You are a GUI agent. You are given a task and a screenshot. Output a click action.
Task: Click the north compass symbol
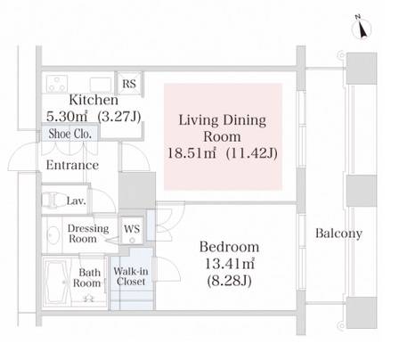pos(362,29)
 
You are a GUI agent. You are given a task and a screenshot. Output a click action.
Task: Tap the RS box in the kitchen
pos(129,84)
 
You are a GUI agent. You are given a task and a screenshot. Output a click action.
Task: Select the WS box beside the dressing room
pos(132,230)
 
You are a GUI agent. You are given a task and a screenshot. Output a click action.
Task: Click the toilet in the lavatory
pos(51,200)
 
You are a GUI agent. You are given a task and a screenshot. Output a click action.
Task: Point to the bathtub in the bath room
pos(57,282)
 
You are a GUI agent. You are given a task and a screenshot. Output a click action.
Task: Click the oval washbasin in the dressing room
pos(53,235)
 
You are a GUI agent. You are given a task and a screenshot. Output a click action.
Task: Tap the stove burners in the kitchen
pos(57,84)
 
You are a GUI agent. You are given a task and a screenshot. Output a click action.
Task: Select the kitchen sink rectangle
pos(101,85)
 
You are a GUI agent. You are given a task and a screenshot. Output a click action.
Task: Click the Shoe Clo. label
pos(69,134)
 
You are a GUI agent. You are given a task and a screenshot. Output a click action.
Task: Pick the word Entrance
pos(72,165)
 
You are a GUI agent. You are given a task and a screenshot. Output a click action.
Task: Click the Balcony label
pos(338,233)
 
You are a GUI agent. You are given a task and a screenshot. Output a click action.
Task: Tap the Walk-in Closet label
pos(131,276)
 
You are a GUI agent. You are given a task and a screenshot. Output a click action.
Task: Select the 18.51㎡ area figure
pos(191,153)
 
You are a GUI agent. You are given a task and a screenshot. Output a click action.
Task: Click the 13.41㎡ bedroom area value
pos(230,264)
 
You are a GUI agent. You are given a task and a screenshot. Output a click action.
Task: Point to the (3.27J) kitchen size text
pos(119,117)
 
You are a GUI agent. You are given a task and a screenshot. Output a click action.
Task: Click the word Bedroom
pos(229,247)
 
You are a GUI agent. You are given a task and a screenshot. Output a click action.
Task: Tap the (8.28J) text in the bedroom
pos(229,281)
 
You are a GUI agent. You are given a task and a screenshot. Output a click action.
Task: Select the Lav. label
pos(77,201)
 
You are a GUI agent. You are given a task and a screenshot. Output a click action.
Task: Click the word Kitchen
pos(94,100)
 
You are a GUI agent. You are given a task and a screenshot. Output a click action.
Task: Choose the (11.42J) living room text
pos(252,153)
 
